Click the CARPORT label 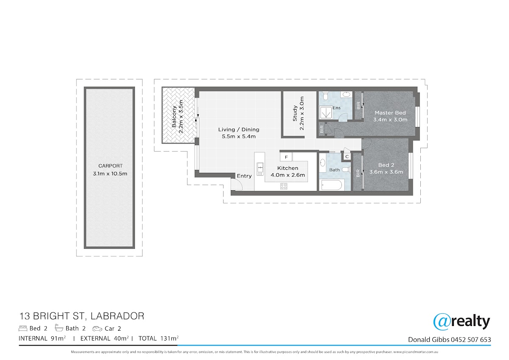(x=110, y=166)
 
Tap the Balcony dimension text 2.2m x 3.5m (x=181, y=117)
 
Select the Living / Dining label (x=238, y=129)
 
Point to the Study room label (x=295, y=113)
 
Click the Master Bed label (x=390, y=112)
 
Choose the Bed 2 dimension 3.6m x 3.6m (x=386, y=172)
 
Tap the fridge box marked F (x=286, y=157)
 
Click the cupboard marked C (x=347, y=157)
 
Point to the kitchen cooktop (x=284, y=186)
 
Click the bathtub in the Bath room (x=332, y=185)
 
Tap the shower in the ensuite (x=326, y=113)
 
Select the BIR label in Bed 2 (x=358, y=174)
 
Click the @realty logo (x=461, y=322)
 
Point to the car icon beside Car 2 (x=97, y=329)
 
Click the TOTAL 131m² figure (x=158, y=338)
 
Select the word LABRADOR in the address (x=117, y=316)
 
